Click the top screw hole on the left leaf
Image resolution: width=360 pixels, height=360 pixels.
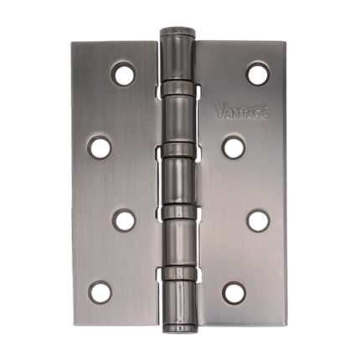click(124, 73)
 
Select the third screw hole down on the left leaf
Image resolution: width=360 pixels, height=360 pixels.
click(124, 220)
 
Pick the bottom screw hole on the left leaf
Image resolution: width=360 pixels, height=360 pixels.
click(100, 292)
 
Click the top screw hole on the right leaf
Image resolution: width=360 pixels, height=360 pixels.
click(256, 73)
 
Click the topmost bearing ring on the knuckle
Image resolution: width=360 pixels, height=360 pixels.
click(178, 86)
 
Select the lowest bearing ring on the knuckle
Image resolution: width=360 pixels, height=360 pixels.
click(178, 275)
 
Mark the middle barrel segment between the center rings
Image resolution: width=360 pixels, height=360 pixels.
click(178, 180)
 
